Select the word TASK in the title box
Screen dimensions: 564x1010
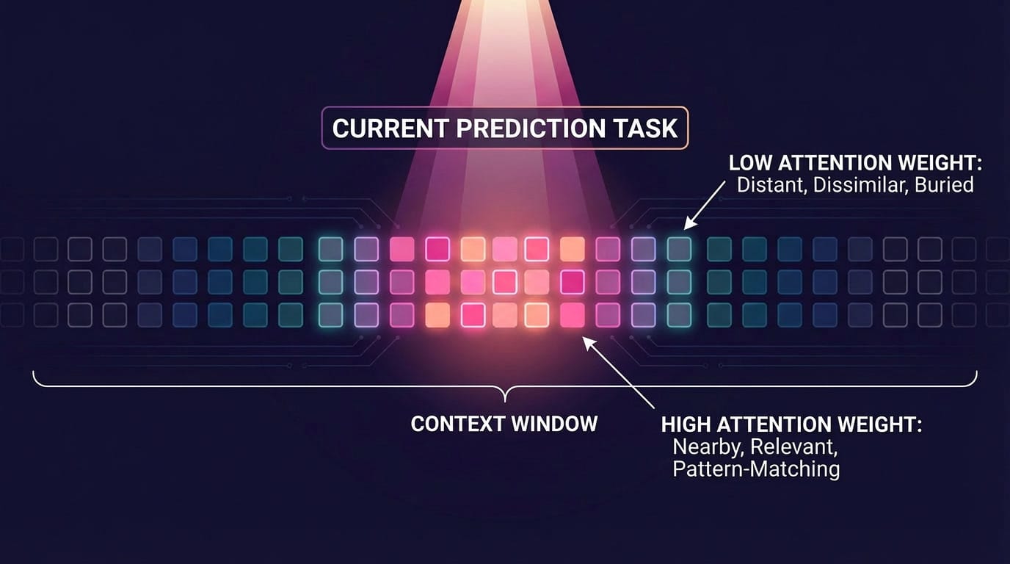[x=647, y=129]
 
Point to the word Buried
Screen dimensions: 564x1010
[x=943, y=184]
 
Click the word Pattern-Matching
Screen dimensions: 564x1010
[x=756, y=469]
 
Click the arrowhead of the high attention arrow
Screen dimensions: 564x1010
[x=584, y=339]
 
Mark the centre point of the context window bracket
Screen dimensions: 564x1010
[x=505, y=397]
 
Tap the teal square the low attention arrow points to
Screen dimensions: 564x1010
[x=679, y=250]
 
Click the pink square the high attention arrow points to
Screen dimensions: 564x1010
[x=572, y=314]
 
